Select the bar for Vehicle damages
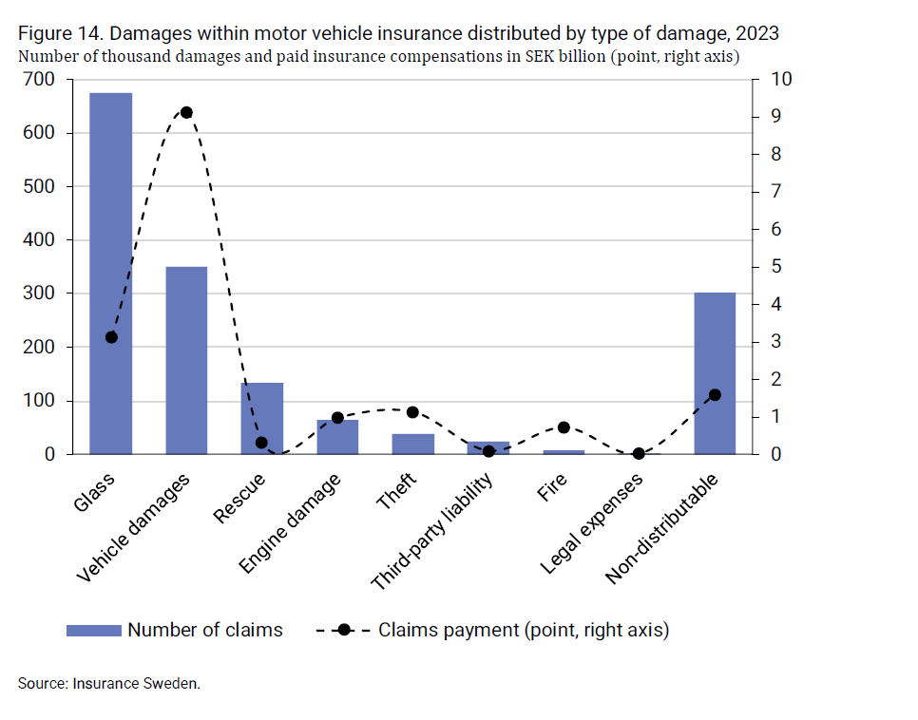click(x=186, y=361)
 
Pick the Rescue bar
click(x=261, y=419)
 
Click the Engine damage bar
click(x=337, y=437)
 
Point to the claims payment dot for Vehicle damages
click(x=186, y=112)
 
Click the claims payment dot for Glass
click(x=111, y=337)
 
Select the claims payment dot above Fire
click(x=564, y=427)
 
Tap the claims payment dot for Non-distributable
click(x=715, y=395)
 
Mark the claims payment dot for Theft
click(x=412, y=412)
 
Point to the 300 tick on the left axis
click(x=45, y=294)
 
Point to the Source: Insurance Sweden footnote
click(x=109, y=683)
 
